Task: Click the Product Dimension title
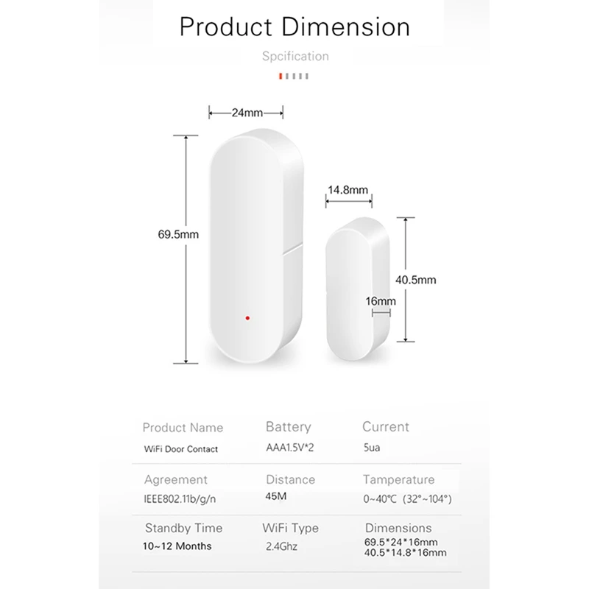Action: pos(294,27)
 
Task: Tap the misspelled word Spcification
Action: pos(295,56)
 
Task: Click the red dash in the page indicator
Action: pos(280,75)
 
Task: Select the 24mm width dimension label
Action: pos(247,113)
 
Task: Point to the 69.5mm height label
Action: pos(177,235)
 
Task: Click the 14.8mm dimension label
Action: pos(348,190)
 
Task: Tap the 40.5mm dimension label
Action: pos(416,280)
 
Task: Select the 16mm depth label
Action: pos(381,301)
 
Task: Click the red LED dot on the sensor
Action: pos(247,318)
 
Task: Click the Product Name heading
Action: pos(183,428)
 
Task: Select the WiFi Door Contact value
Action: pos(180,448)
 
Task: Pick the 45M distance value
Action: pos(275,497)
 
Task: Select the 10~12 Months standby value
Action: pos(178,546)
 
